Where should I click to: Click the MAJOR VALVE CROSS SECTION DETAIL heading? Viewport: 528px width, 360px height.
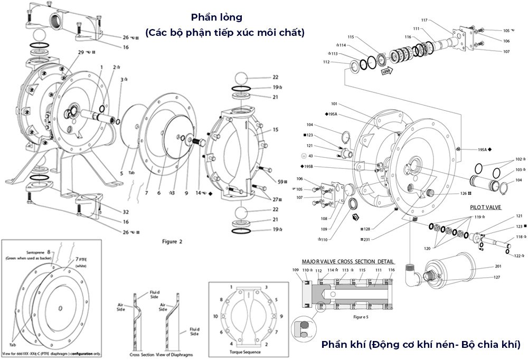click(348, 261)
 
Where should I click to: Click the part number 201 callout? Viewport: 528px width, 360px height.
click(498, 266)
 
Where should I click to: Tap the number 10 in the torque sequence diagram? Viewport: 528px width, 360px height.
click(215, 316)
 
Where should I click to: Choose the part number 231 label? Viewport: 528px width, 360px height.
click(365, 239)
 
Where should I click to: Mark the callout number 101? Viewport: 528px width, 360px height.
click(334, 103)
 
